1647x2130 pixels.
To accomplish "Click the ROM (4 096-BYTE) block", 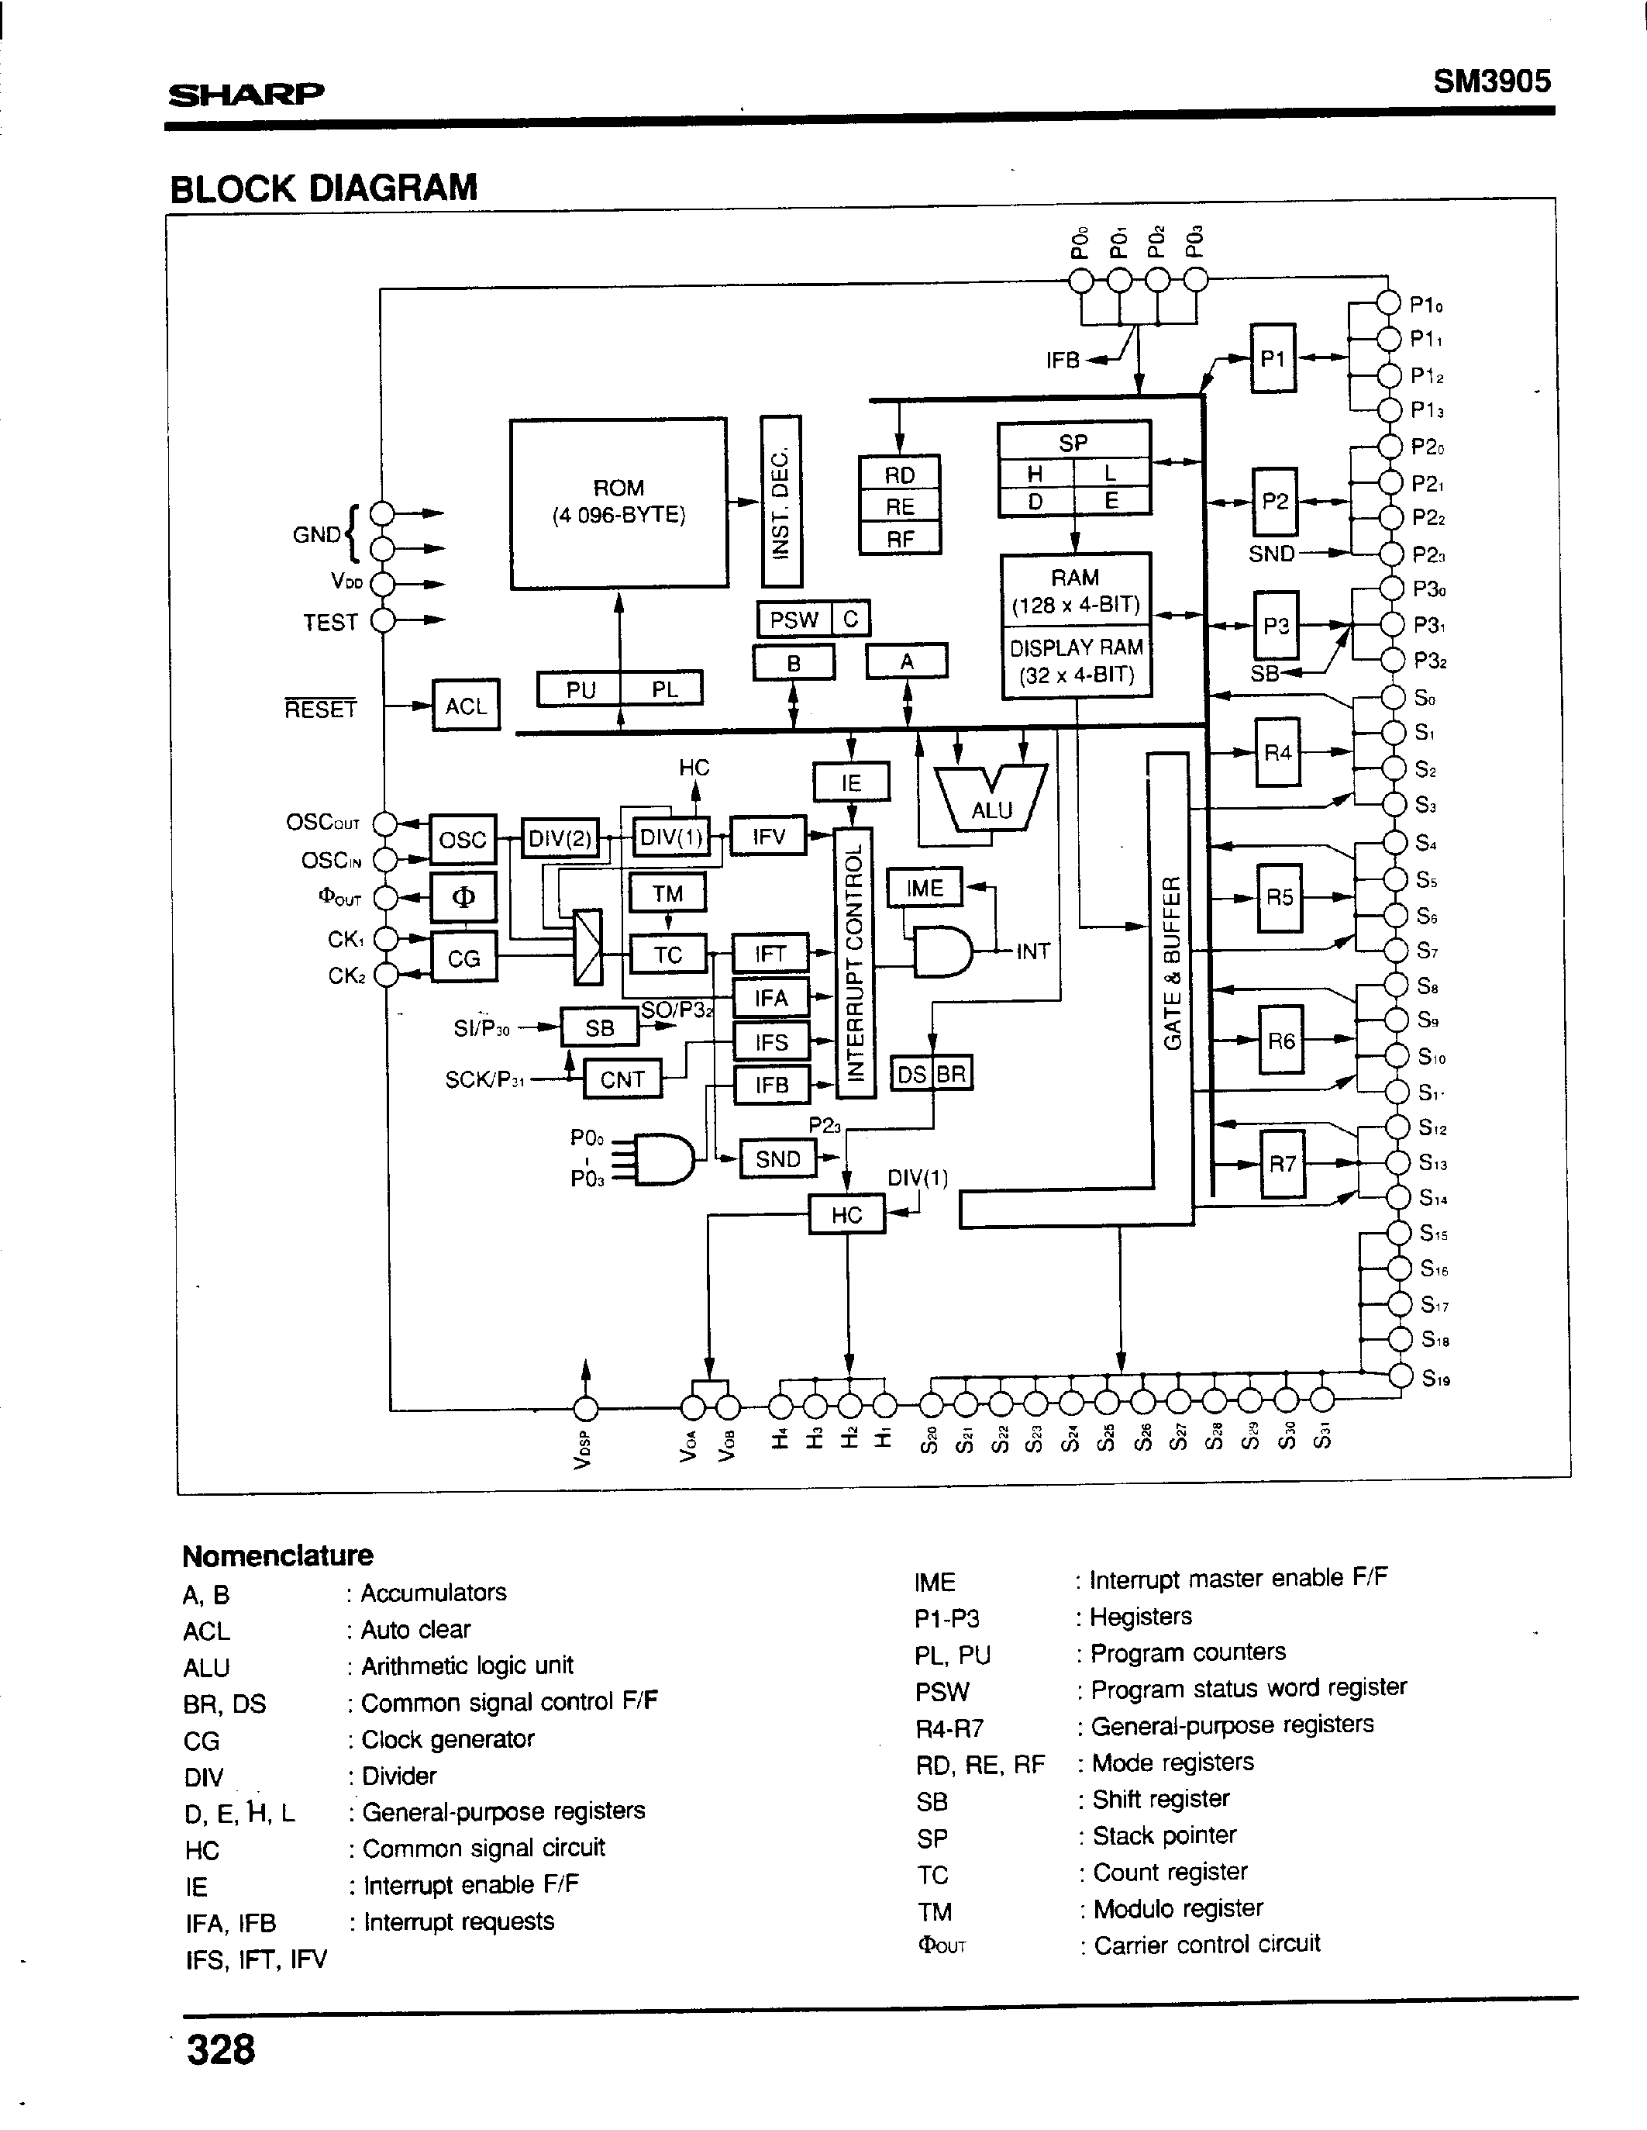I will click(x=618, y=502).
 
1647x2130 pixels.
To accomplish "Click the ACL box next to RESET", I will click(x=465, y=705).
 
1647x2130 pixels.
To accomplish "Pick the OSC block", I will click(x=462, y=839).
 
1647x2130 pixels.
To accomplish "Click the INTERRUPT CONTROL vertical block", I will click(x=855, y=961).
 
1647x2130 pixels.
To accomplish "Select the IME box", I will click(x=923, y=888).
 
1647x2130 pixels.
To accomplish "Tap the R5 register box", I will click(x=1278, y=896).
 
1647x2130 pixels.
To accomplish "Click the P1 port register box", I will click(x=1273, y=358).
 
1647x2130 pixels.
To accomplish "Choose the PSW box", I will click(x=794, y=620).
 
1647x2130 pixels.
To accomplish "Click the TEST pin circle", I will click(x=383, y=620).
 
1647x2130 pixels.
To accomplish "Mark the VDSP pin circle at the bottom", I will click(x=585, y=1407).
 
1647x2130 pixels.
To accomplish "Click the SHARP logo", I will click(x=246, y=94).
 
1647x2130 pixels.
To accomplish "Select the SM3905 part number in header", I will click(x=1491, y=81).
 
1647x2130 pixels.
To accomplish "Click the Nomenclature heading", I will click(x=278, y=1555).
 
